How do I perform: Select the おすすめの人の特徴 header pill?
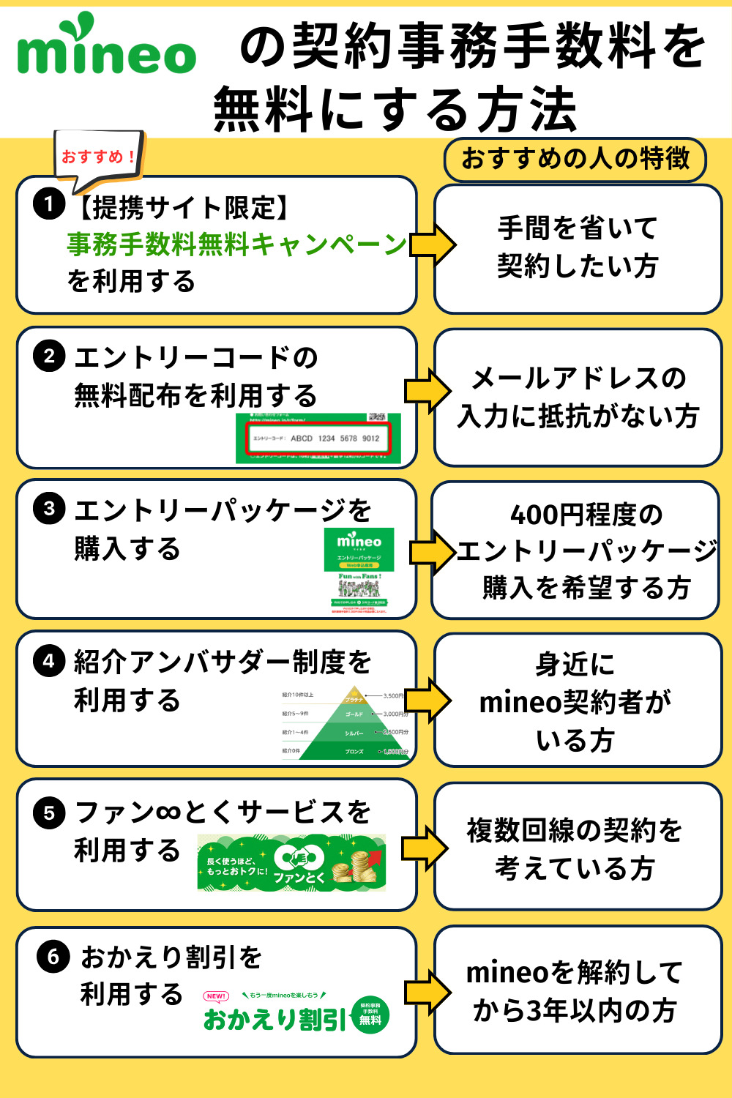[x=575, y=159]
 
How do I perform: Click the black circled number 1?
[x=49, y=203]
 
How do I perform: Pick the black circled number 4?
[x=49, y=661]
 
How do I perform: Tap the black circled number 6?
[x=53, y=956]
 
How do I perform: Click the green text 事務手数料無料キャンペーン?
[x=236, y=244]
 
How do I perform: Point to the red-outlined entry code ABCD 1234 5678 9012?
[x=318, y=438]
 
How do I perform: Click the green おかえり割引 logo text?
[x=274, y=1018]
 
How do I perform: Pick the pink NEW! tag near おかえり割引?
[x=216, y=996]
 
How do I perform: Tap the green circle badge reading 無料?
[x=370, y=1015]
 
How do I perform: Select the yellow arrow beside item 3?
[x=432, y=551]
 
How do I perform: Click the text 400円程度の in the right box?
[x=586, y=515]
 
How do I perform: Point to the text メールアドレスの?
[x=578, y=378]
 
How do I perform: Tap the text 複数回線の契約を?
[x=575, y=830]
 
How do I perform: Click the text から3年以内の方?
[x=575, y=1011]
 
